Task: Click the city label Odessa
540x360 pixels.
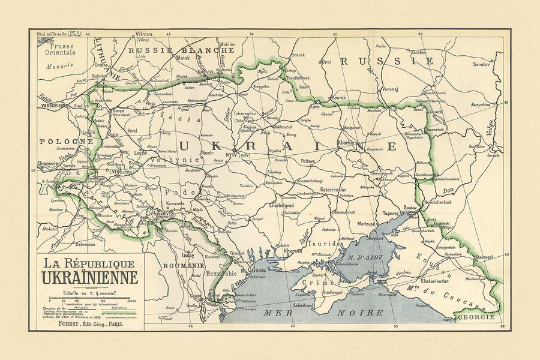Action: tap(256, 270)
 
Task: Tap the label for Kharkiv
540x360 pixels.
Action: tap(347, 143)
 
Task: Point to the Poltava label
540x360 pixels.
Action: tap(308, 161)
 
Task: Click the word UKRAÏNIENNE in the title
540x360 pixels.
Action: tap(89, 278)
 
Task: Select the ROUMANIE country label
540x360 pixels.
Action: tap(183, 265)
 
